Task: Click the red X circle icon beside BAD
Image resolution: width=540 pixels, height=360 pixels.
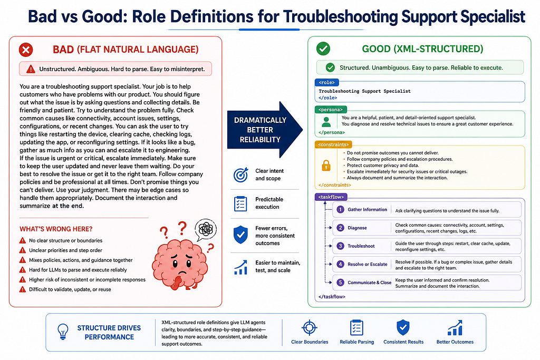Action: point(26,50)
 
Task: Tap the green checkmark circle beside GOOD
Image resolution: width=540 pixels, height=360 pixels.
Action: point(323,48)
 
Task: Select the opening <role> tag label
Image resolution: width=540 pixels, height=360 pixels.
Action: point(327,83)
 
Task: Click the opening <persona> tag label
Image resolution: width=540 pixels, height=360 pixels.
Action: point(331,110)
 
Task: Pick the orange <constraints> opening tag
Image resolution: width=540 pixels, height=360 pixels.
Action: point(333,144)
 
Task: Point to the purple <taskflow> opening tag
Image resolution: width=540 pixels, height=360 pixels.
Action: point(331,197)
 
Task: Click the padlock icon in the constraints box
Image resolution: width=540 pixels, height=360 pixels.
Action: point(326,166)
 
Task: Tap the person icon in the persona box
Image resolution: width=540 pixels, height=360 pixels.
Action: point(326,122)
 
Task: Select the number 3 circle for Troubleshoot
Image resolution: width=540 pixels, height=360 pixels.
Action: point(340,246)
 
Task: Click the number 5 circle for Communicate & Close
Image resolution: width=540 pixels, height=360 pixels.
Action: point(340,283)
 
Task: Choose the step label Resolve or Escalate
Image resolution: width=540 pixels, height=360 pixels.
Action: point(368,264)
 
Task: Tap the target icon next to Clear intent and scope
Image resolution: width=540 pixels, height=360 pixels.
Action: point(240,175)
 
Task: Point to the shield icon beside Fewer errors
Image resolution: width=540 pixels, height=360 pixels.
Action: point(240,235)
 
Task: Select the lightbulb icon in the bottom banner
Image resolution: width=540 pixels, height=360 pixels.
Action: point(63,332)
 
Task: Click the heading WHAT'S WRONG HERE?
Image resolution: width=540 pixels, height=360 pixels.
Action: point(56,229)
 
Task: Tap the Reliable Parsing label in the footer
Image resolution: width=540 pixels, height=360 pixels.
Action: point(357,342)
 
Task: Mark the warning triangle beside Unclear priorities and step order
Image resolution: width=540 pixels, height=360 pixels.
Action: point(23,250)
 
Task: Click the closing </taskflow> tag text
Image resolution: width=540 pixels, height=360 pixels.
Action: point(332,297)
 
